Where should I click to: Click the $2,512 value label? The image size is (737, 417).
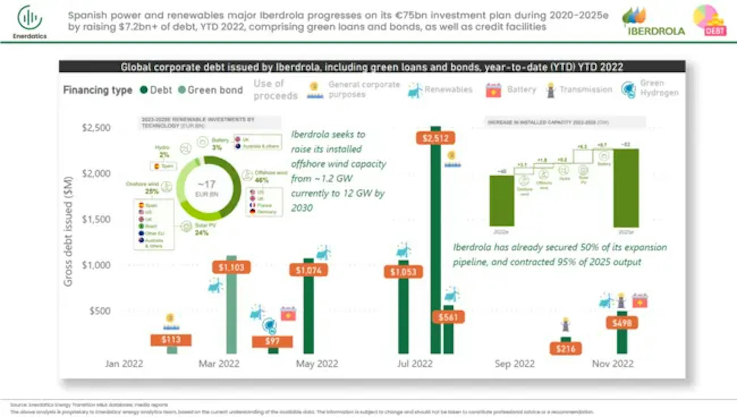(435, 138)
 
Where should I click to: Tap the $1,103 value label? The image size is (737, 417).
(231, 267)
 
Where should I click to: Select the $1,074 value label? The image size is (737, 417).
(308, 270)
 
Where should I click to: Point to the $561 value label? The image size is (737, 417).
(448, 317)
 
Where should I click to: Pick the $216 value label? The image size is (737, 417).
(566, 348)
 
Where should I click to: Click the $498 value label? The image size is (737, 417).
(622, 323)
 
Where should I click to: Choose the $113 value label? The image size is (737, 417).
(171, 340)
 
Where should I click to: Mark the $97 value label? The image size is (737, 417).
(272, 341)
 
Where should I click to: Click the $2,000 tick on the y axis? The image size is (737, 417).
(96, 174)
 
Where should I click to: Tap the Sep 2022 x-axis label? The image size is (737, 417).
(514, 364)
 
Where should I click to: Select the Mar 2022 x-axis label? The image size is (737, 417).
(219, 364)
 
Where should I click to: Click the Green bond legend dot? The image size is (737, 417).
(182, 90)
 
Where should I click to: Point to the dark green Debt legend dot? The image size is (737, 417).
(144, 90)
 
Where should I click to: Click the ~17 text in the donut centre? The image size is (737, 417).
(207, 184)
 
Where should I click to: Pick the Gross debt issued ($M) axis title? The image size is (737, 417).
(68, 231)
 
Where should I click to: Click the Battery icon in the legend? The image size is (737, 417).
(493, 90)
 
